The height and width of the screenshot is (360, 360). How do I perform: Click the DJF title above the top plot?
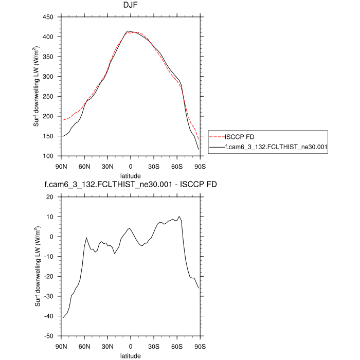point(131,6)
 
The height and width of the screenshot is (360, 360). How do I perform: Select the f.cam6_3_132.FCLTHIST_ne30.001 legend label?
point(269,147)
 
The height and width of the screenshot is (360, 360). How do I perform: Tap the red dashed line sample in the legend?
point(216,137)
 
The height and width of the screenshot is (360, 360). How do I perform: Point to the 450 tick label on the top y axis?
point(48,17)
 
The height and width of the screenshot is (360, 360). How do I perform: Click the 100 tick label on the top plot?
point(48,156)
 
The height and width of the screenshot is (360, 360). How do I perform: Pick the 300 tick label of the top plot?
point(48,77)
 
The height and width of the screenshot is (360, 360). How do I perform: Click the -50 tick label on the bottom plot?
point(48,336)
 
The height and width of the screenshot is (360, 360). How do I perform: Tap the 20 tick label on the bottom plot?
point(50,197)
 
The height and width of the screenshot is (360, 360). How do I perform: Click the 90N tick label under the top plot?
point(61,166)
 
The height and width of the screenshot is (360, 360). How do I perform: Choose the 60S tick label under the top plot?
point(177,166)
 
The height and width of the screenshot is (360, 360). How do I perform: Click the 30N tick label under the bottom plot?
point(107,346)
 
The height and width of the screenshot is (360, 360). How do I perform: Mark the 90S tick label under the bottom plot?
point(200,346)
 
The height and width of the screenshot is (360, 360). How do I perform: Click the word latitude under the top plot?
point(131,175)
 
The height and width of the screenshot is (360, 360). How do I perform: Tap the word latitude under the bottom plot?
point(131,355)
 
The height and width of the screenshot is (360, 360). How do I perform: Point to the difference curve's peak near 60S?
point(179,217)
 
